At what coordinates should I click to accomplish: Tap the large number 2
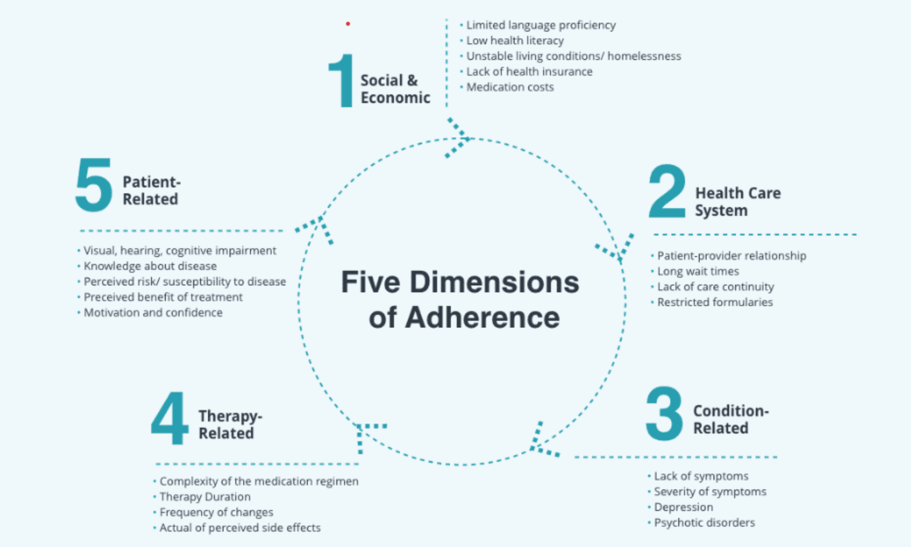click(667, 191)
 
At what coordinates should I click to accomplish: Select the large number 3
click(664, 414)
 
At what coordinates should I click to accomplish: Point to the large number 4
click(169, 418)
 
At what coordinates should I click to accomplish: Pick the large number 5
click(94, 185)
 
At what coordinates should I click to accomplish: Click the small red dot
click(348, 24)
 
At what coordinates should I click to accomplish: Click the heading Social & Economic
click(395, 89)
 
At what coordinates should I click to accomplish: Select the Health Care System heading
click(738, 202)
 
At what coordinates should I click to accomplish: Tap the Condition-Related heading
click(730, 419)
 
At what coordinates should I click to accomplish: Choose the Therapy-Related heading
click(230, 424)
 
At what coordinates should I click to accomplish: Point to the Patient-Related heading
click(151, 190)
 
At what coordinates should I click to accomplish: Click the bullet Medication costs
click(510, 87)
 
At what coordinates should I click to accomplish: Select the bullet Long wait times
click(698, 271)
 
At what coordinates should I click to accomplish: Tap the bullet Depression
click(683, 507)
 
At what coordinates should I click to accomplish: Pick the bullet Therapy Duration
click(205, 497)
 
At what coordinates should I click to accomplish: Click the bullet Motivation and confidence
click(153, 313)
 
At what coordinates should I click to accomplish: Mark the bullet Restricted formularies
click(715, 303)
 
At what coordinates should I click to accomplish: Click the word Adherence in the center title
click(482, 318)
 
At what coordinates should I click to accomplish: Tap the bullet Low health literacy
click(515, 41)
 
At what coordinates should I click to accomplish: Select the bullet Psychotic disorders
click(704, 523)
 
